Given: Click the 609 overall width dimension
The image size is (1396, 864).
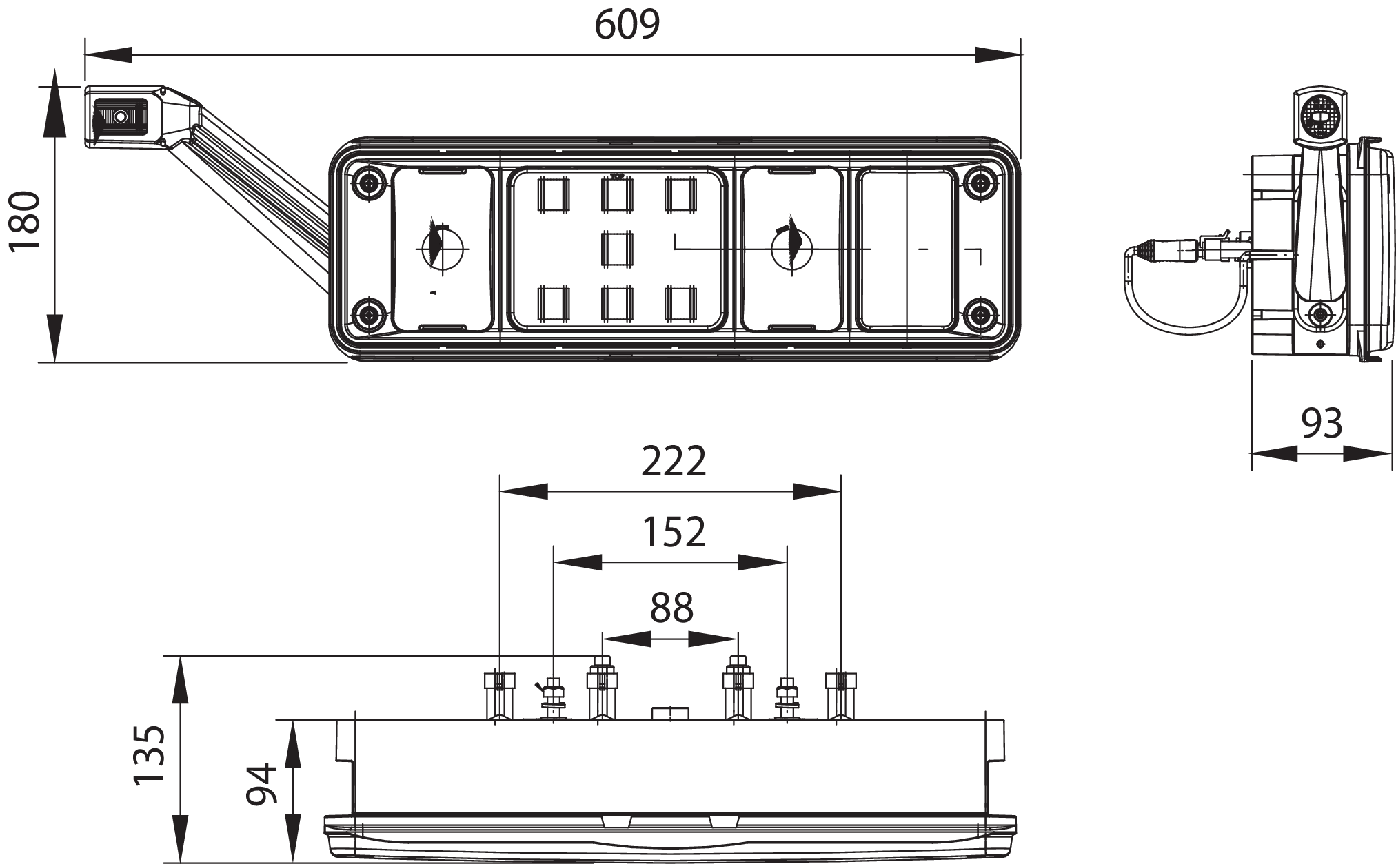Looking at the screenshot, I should click(627, 24).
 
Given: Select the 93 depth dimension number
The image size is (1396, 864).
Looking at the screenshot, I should click(1322, 423).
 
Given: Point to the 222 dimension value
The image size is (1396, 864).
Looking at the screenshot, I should click(674, 462).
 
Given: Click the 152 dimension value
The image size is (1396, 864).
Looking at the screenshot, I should click(674, 532).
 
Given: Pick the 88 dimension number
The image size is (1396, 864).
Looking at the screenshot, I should click(671, 608).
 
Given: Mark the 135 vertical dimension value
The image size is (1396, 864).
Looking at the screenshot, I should click(149, 756).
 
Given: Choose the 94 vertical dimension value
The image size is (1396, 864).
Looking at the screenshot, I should click(263, 784).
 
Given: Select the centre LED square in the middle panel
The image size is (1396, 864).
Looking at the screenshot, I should click(617, 249).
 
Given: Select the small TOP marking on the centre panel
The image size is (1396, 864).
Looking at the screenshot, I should click(617, 176).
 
